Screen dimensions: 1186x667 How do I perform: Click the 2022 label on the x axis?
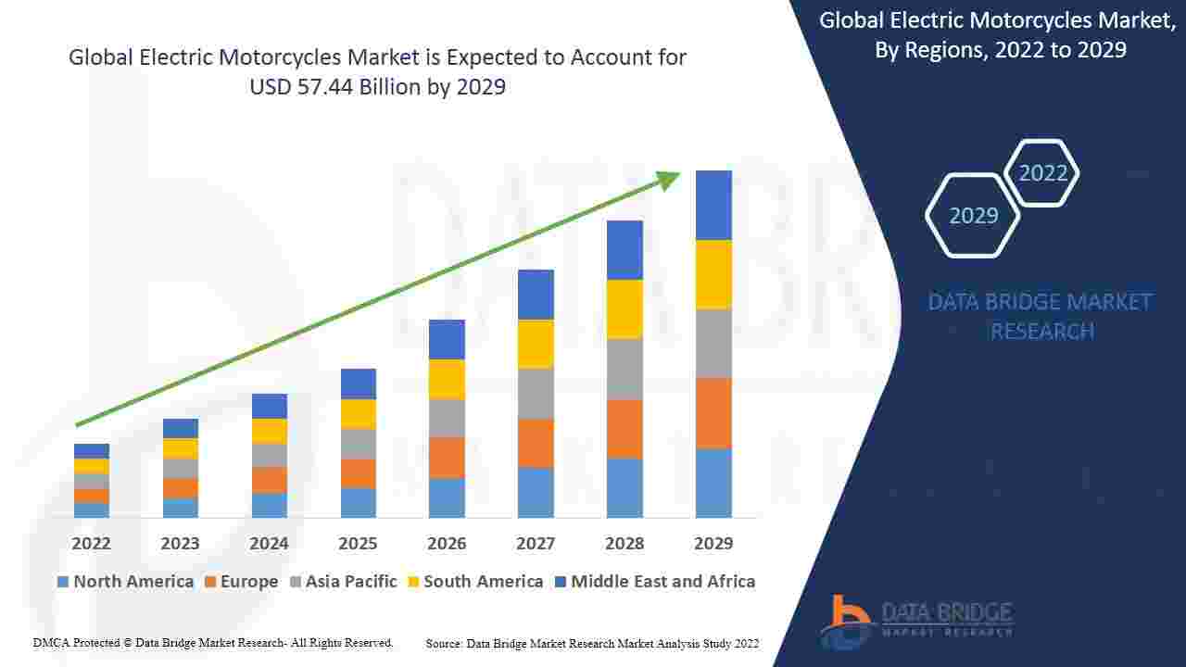(x=91, y=544)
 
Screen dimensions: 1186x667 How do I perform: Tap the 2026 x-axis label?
(x=447, y=544)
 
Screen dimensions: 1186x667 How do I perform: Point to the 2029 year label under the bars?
(x=713, y=544)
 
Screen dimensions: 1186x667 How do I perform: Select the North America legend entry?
(x=125, y=582)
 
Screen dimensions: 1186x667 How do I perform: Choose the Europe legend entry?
(x=242, y=582)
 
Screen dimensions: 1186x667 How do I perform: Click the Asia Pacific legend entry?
(x=344, y=582)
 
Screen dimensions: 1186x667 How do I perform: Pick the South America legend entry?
(x=475, y=582)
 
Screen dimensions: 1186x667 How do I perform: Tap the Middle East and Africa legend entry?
(x=655, y=582)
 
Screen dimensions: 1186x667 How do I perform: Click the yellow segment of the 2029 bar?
(x=713, y=275)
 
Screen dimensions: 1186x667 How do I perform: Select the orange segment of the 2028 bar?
(x=625, y=429)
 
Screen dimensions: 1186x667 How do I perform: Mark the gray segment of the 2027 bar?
(x=536, y=395)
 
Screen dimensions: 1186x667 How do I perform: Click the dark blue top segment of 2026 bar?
(x=447, y=340)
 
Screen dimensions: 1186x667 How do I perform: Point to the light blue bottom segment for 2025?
(x=359, y=503)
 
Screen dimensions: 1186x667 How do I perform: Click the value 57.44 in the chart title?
(x=325, y=87)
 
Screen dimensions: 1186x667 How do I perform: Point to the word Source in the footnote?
(x=444, y=644)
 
